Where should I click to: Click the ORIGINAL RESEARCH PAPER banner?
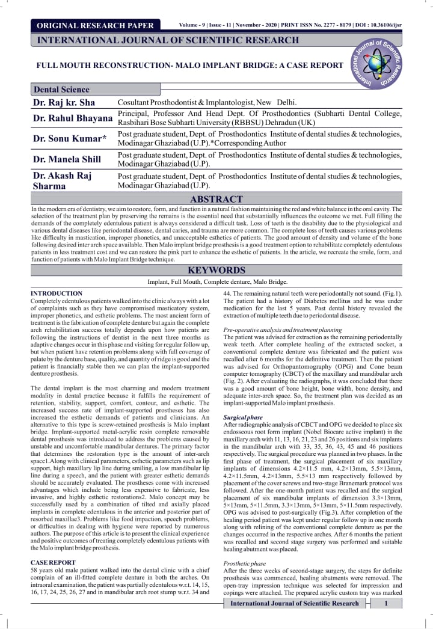click(x=95, y=25)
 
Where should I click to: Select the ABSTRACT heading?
click(x=217, y=199)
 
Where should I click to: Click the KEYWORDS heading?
click(x=217, y=270)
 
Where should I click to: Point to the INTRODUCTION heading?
click(x=57, y=293)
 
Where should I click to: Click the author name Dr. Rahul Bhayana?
click(x=72, y=118)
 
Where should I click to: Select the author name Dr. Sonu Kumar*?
click(x=70, y=139)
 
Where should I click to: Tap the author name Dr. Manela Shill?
click(x=67, y=159)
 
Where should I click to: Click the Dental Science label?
click(x=61, y=90)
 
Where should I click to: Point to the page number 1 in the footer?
click(x=385, y=603)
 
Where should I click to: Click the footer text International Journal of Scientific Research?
click(x=295, y=603)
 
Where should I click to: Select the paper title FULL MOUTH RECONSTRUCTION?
click(x=190, y=65)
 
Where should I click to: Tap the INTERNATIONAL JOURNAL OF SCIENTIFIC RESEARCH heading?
click(x=168, y=40)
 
